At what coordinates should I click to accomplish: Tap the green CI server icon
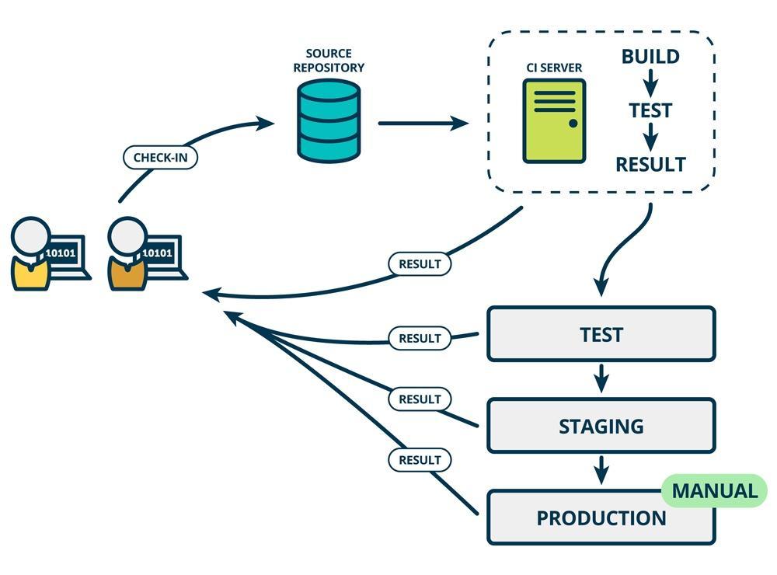click(x=554, y=120)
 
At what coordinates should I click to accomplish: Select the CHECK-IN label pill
click(x=160, y=157)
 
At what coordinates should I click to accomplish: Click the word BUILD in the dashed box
click(x=650, y=57)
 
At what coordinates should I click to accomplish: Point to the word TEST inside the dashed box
click(x=650, y=110)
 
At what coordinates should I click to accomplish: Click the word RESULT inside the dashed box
click(x=650, y=165)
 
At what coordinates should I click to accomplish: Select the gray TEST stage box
click(x=601, y=334)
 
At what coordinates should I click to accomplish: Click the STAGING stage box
click(x=601, y=426)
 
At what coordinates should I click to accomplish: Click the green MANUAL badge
click(x=714, y=491)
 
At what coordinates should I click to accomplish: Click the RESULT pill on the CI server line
click(x=420, y=263)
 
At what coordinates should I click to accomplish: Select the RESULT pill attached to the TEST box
click(x=420, y=338)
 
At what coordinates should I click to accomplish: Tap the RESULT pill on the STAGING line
click(x=420, y=399)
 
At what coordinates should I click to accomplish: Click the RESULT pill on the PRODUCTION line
click(x=420, y=459)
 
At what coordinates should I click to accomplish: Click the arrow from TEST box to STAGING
click(x=601, y=379)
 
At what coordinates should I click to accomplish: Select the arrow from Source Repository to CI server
click(x=423, y=123)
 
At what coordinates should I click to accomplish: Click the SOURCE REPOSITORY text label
click(x=329, y=61)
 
